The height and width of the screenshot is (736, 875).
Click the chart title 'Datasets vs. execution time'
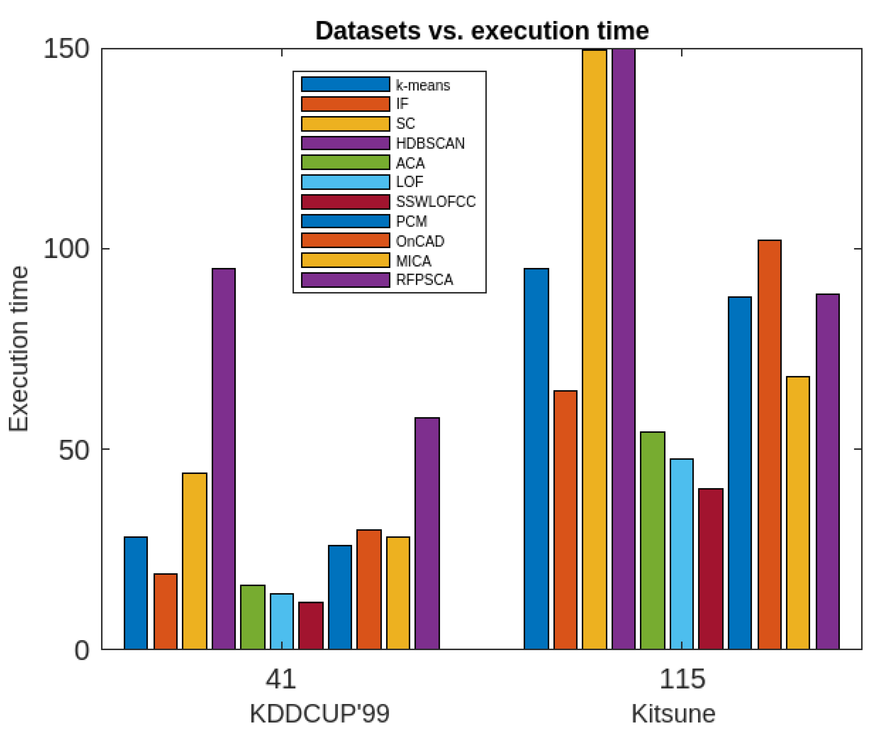click(482, 31)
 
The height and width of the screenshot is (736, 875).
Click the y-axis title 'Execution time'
click(19, 348)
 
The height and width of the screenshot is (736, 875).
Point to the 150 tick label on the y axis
click(67, 49)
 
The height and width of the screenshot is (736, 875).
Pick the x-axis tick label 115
click(682, 679)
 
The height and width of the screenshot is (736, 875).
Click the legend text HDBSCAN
click(430, 144)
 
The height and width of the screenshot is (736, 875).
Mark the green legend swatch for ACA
click(345, 162)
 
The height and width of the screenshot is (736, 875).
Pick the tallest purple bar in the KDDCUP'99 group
click(224, 459)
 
